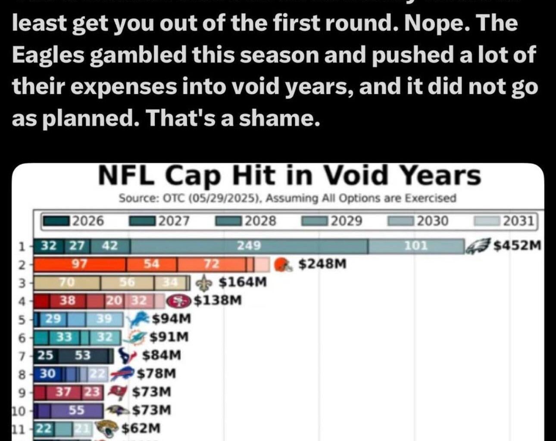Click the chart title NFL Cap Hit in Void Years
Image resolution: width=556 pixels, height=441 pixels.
click(289, 176)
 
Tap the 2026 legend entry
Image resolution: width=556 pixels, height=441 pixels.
click(73, 221)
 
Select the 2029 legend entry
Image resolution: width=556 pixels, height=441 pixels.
click(332, 221)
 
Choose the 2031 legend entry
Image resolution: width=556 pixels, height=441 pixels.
click(505, 221)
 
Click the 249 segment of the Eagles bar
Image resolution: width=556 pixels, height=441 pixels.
click(249, 246)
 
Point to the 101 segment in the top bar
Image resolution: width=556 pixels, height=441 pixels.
click(415, 246)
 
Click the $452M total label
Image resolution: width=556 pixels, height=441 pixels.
click(517, 245)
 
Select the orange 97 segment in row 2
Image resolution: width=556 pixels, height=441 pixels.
click(79, 264)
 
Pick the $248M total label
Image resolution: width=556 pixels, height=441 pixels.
click(322, 264)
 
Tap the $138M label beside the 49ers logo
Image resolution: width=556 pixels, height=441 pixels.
click(217, 300)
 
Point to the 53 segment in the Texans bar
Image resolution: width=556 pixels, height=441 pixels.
click(83, 355)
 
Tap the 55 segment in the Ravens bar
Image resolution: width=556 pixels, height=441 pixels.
click(77, 410)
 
